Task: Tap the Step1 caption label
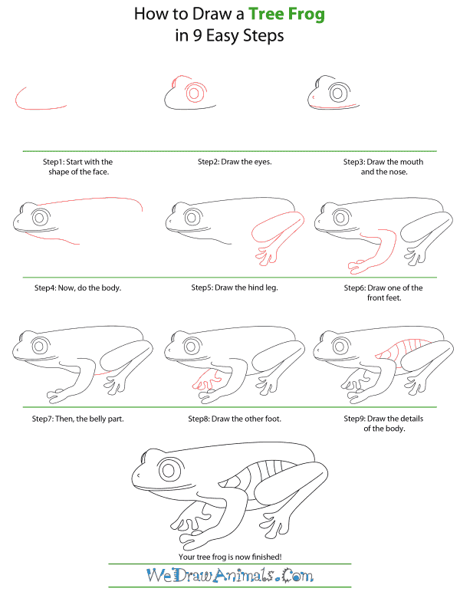point(77,167)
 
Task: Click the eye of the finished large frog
point(169,471)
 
